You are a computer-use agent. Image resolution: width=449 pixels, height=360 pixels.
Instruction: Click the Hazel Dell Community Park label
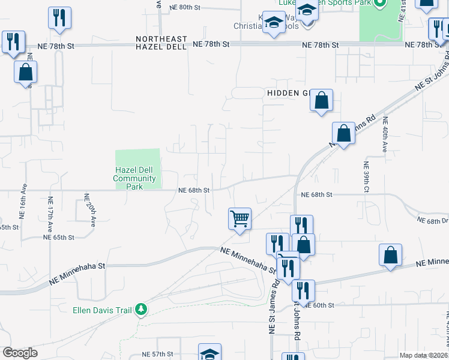tap(134, 178)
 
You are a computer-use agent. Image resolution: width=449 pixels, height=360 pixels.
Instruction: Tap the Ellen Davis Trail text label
tap(103, 310)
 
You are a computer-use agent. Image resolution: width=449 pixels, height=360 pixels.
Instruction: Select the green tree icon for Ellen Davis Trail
tap(141, 310)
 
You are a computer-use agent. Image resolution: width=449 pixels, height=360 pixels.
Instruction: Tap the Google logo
tap(20, 353)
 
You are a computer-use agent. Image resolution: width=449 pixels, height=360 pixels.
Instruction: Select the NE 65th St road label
tap(59, 238)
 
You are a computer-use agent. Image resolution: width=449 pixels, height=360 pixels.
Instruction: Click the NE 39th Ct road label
tap(366, 178)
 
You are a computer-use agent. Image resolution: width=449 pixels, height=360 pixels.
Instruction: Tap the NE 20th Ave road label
tap(90, 209)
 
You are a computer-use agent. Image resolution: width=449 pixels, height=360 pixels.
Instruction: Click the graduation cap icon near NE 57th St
tap(210, 353)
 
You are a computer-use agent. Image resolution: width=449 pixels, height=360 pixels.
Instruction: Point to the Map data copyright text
tap(424, 355)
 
